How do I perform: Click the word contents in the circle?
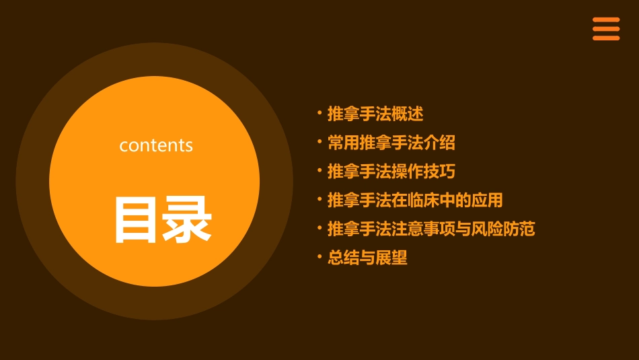point(156,145)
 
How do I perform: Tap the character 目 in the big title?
point(135,219)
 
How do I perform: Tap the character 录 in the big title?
point(186,219)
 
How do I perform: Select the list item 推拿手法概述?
point(375,114)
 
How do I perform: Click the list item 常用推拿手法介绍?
point(391,143)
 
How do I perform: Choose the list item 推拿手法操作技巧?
point(391,172)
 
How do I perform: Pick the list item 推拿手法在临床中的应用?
point(415,200)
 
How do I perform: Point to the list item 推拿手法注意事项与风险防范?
point(431,229)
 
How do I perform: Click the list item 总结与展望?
point(367,258)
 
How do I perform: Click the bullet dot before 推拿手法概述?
point(319,113)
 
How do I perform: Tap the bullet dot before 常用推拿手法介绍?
point(319,142)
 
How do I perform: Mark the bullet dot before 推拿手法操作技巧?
point(319,171)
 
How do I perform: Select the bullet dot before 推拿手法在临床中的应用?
point(319,199)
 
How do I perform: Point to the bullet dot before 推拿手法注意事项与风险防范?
point(319,228)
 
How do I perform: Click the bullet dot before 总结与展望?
point(319,257)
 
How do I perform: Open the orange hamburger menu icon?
point(606,29)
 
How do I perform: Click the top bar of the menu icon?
point(606,20)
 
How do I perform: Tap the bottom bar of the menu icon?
point(606,38)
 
